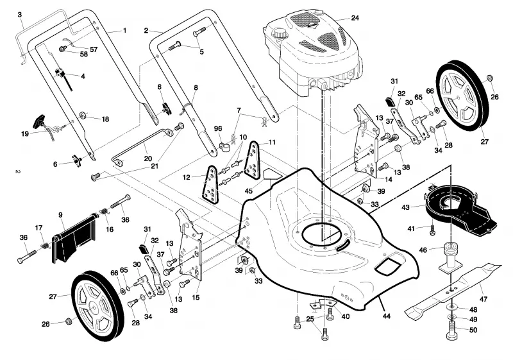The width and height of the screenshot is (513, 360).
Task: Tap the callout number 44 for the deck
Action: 387,316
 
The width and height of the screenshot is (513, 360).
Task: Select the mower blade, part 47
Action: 453,289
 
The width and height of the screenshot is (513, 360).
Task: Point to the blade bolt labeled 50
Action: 452,330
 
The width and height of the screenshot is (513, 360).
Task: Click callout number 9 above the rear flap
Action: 60,215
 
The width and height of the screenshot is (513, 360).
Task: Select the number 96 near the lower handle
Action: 218,128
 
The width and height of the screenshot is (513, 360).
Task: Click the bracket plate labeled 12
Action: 210,184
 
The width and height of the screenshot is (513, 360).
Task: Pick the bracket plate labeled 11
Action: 253,160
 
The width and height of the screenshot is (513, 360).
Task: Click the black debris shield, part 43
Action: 460,210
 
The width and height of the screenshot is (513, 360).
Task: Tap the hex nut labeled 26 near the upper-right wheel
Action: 490,78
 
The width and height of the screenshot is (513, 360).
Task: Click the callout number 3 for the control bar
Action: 20,14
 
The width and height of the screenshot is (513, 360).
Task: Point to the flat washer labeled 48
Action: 452,307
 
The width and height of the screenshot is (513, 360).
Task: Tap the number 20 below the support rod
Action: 148,159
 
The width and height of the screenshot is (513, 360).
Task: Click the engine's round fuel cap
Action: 280,33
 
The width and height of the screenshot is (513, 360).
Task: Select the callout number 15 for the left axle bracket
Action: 196,298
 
